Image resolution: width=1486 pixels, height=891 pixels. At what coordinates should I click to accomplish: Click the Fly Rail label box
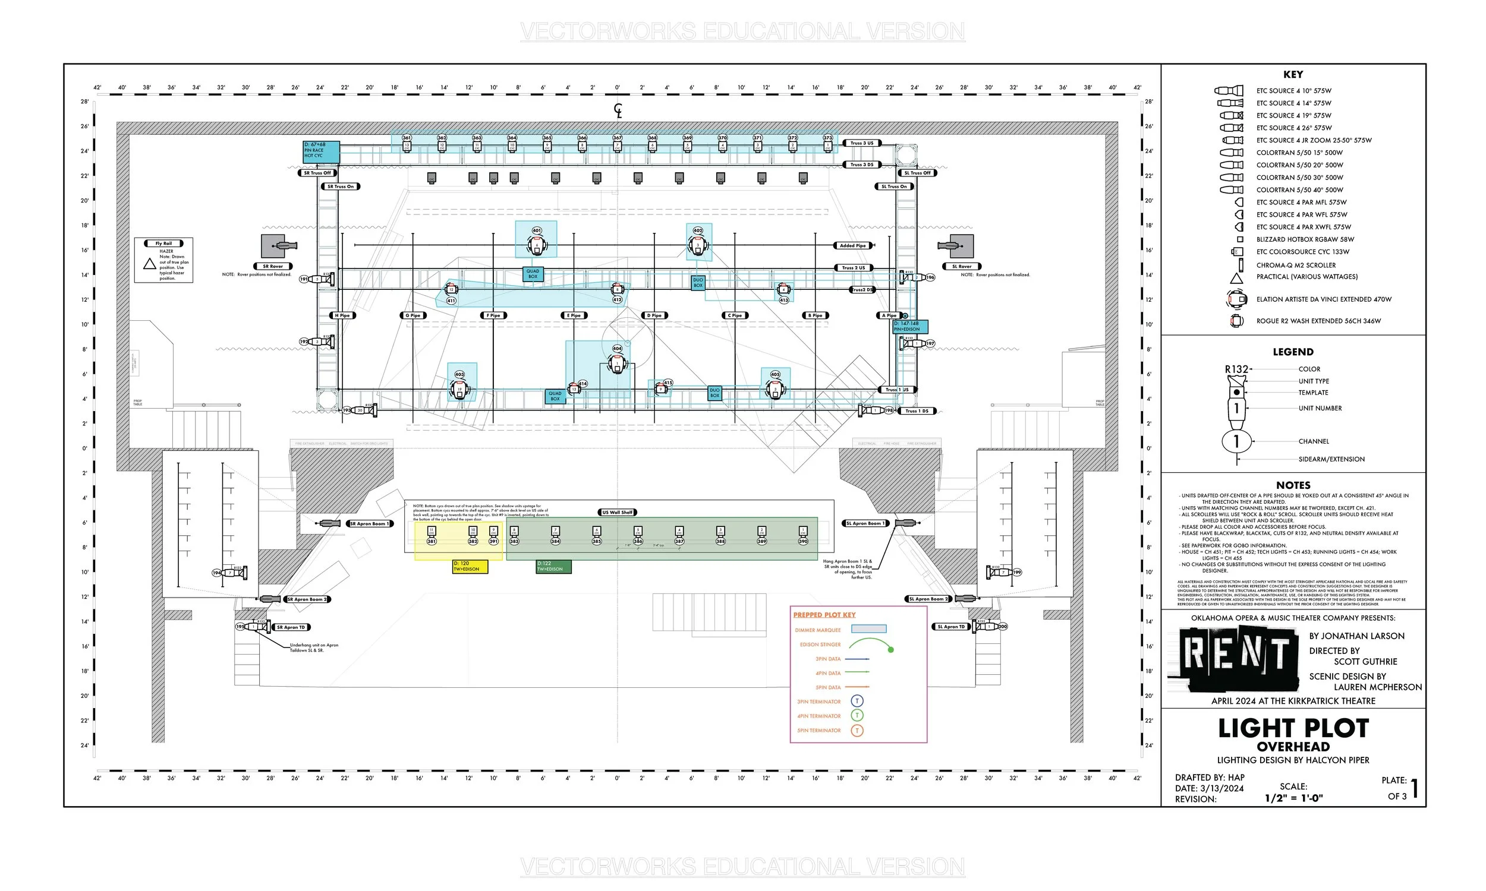[163, 244]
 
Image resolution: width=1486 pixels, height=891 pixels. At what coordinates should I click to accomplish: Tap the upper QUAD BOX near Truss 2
[533, 274]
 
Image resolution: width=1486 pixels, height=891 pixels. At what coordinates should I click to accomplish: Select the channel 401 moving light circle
[537, 230]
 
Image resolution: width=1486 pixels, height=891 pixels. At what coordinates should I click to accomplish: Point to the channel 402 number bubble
[697, 230]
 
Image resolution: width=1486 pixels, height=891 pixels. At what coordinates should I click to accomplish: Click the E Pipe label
[574, 315]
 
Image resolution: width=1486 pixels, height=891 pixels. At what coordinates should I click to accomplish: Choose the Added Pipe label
[852, 245]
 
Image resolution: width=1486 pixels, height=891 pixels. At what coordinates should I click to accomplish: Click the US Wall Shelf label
[618, 512]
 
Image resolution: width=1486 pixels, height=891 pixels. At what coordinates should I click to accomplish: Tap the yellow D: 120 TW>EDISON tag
[470, 567]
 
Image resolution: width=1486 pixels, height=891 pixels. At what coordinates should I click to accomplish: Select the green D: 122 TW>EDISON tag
[553, 567]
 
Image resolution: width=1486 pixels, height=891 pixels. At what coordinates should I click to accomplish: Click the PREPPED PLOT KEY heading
[824, 615]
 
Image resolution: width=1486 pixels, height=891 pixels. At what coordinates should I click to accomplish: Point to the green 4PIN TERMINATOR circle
[857, 716]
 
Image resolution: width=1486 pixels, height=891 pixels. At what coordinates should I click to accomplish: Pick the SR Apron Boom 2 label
[307, 599]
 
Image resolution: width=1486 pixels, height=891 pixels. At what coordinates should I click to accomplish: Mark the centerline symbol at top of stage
[618, 110]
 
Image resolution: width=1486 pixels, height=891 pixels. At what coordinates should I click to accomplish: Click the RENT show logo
[1236, 658]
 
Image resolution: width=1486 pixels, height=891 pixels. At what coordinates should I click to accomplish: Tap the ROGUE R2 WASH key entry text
[1318, 321]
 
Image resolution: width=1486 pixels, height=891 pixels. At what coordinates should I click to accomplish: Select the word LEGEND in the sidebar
[1293, 352]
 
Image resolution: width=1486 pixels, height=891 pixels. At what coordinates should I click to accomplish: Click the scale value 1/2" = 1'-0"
[1293, 798]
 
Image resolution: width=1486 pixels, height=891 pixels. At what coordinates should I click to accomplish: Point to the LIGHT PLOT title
[1293, 728]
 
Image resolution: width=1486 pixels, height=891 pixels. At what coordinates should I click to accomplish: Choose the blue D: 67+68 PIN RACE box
[321, 151]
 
